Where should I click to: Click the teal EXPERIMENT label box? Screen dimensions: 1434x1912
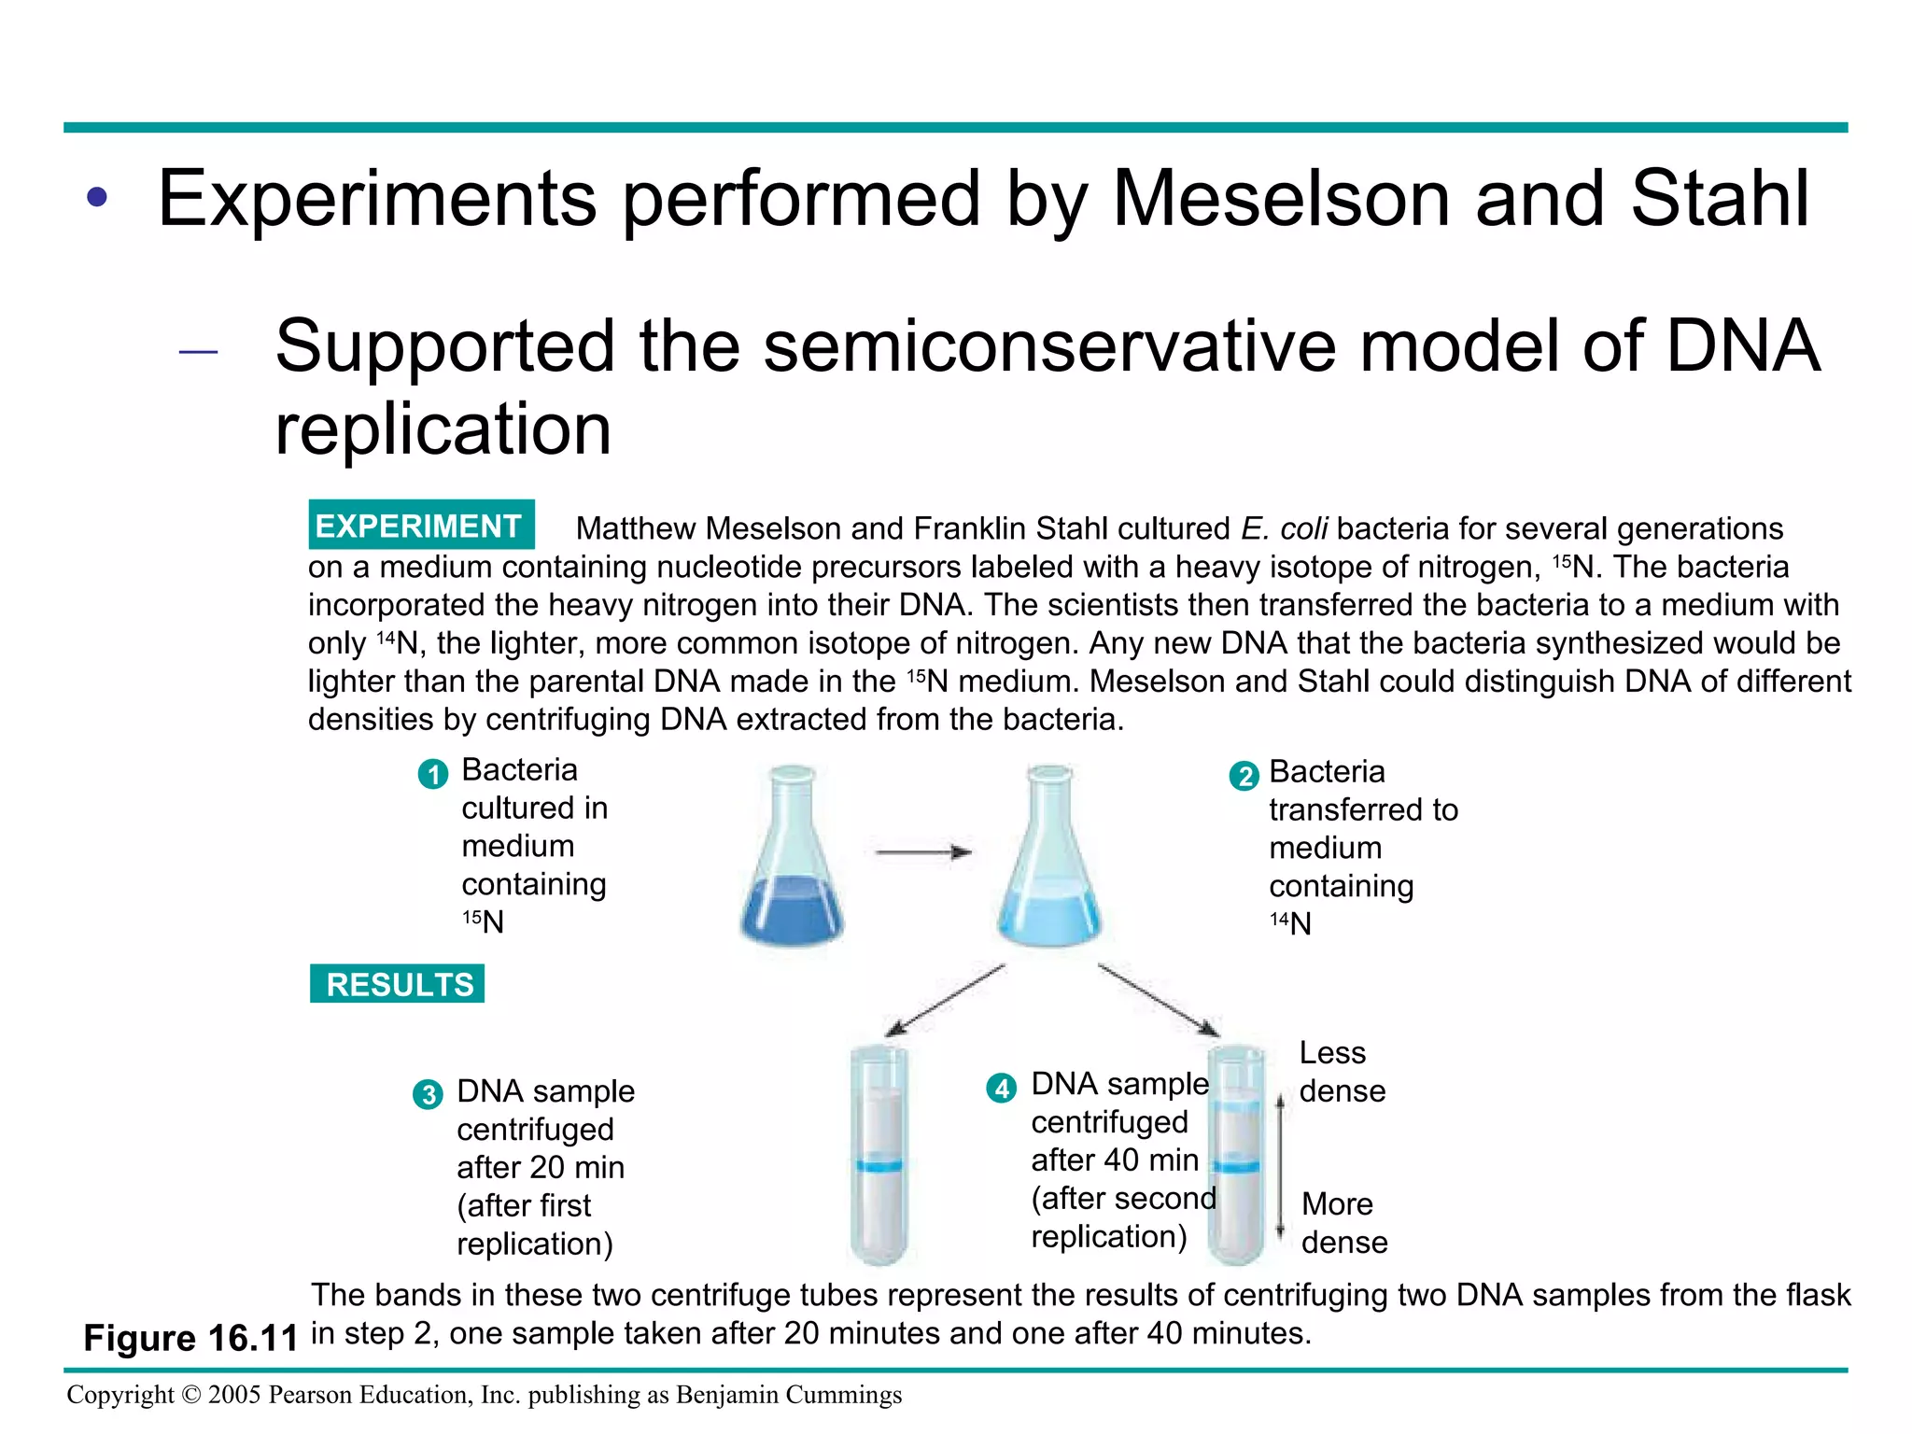click(421, 526)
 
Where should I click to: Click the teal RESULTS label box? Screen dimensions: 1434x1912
click(398, 984)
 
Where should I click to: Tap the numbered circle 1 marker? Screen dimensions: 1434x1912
click(432, 774)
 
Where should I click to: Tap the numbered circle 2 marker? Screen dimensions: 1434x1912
click(1244, 776)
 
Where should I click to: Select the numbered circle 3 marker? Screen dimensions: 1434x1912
click(428, 1094)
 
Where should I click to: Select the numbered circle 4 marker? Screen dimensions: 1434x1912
click(1001, 1088)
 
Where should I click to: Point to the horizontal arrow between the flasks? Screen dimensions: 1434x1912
click(922, 851)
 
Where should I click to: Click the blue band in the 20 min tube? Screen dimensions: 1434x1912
click(879, 1165)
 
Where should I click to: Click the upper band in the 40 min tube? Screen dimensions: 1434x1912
click(1238, 1106)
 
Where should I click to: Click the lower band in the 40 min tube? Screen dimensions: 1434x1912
click(1238, 1166)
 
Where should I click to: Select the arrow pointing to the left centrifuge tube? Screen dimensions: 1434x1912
click(944, 1001)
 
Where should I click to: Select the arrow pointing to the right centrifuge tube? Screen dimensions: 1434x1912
click(1159, 1001)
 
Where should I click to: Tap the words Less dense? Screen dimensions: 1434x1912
click(1342, 1072)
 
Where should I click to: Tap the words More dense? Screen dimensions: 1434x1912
click(1344, 1223)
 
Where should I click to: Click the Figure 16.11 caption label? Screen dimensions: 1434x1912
click(190, 1338)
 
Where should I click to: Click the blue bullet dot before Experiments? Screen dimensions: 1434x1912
click(97, 198)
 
